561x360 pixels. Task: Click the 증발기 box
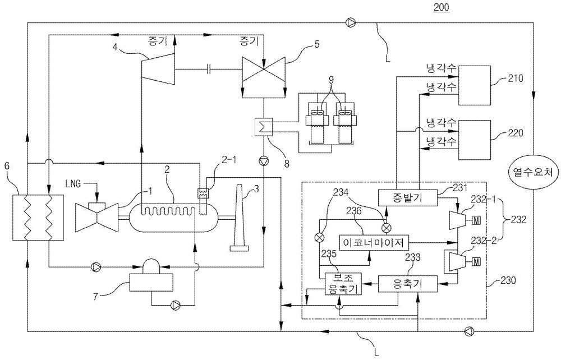pos(407,197)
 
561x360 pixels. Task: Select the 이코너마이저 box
pos(373,243)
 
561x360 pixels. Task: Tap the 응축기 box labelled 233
pos(407,284)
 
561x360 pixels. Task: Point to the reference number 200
pos(441,7)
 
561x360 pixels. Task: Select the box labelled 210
pos(475,85)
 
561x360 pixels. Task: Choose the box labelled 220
pos(475,140)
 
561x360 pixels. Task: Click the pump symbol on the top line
pos(351,23)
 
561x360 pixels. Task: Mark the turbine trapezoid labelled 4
pos(158,69)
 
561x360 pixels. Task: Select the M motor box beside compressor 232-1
pos(476,221)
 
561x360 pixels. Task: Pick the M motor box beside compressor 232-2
pos(476,262)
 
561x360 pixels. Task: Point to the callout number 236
pos(353,211)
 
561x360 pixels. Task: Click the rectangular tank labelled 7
pos(151,282)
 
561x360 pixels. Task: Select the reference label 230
pos(508,280)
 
